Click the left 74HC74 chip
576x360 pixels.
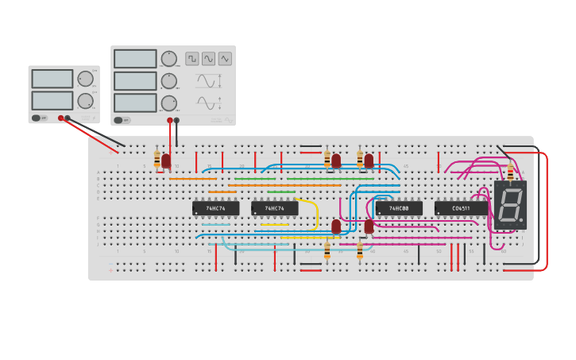tap(215, 208)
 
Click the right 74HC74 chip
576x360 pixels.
tap(275, 208)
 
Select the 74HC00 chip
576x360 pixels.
tap(399, 208)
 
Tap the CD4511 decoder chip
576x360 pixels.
tap(461, 208)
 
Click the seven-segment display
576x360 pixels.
tap(510, 205)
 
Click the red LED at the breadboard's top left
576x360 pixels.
tap(166, 161)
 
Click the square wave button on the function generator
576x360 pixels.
tap(192, 58)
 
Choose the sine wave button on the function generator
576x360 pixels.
tap(208, 58)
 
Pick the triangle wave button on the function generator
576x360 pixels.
tap(225, 58)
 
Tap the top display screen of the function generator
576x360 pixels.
tap(135, 59)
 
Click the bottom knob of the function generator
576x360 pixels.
tap(169, 103)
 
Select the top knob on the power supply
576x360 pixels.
tap(85, 79)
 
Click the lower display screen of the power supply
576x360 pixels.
tap(52, 100)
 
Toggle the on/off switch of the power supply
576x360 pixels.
tap(37, 118)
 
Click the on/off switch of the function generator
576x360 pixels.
tap(119, 121)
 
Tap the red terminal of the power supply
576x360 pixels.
tap(60, 118)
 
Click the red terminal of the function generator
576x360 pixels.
tap(169, 121)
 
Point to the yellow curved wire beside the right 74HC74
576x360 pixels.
tap(315, 213)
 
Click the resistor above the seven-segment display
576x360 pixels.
tap(510, 172)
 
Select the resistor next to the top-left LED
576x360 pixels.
tap(157, 159)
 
